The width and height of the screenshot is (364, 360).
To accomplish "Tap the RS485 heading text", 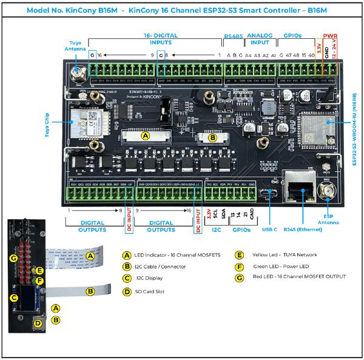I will click(234, 36).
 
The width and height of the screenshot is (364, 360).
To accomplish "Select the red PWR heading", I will click(331, 36).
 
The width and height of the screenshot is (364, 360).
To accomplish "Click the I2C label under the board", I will click(216, 230).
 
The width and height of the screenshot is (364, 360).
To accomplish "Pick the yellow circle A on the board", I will click(146, 137).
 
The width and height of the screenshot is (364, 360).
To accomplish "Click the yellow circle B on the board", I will click(213, 138).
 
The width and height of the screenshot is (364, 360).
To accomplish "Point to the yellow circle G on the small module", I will click(13, 258).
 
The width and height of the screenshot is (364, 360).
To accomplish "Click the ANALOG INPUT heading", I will click(260, 39).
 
